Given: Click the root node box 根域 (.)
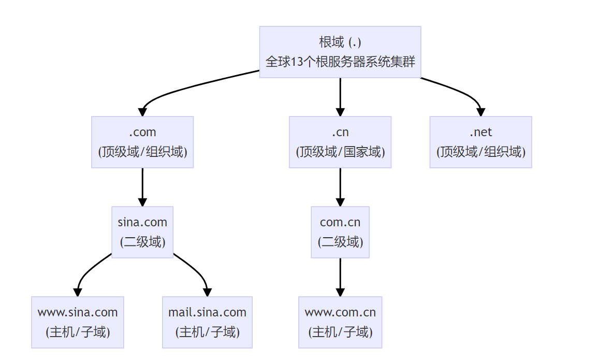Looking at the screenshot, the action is coord(340,52).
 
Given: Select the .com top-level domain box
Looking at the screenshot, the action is coord(142,142).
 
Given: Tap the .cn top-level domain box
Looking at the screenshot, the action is coord(340,142).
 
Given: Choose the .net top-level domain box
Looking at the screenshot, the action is coord(480,142).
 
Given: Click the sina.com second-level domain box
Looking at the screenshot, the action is coord(142,232).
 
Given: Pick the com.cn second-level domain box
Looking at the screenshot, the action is coord(340,232).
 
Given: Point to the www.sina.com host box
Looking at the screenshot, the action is coord(78,322).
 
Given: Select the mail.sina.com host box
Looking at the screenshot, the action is coord(207,322).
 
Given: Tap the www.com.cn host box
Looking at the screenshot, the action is coord(340,322).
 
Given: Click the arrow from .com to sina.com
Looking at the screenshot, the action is coord(142,187).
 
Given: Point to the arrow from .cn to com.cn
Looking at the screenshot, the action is coord(340,187).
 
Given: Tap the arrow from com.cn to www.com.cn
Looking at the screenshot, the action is coord(340,277).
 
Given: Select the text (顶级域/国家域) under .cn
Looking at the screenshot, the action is coord(340,152).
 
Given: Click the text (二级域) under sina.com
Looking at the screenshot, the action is coord(142,242).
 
